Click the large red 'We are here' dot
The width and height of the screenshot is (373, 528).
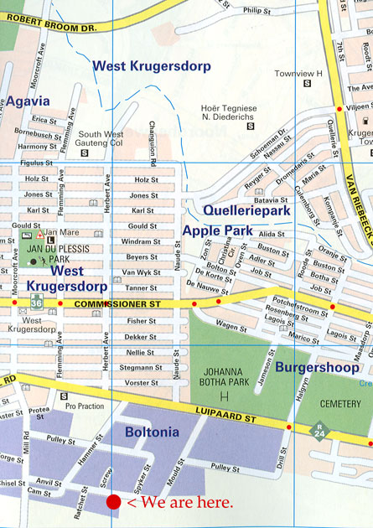click(114, 502)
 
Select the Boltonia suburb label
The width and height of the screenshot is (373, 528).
click(151, 432)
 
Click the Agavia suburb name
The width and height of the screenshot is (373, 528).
click(28, 101)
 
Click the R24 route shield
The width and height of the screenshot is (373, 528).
click(319, 432)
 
